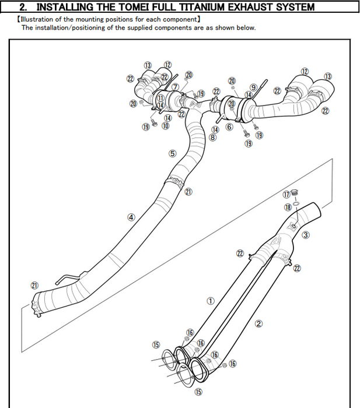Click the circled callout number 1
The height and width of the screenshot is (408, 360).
(x=211, y=301)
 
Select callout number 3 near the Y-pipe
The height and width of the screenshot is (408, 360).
(x=306, y=235)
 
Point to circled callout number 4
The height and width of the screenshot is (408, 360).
(x=131, y=217)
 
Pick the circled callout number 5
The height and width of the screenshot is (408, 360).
(x=172, y=154)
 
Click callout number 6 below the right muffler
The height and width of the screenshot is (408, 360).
(x=229, y=126)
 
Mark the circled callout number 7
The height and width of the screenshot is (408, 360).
(x=175, y=87)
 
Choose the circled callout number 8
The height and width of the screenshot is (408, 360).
(x=213, y=138)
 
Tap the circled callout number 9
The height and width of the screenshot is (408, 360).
(x=253, y=87)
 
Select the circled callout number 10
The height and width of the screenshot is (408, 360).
(x=166, y=125)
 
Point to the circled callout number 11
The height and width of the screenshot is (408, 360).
(x=160, y=99)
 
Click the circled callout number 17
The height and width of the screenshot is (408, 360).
(x=286, y=194)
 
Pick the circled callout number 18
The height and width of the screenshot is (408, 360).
(x=288, y=207)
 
